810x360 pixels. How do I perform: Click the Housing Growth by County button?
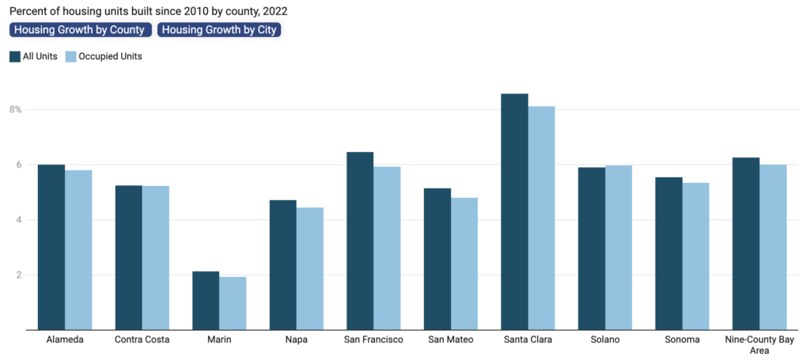click(x=80, y=30)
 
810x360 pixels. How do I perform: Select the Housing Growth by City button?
click(x=220, y=30)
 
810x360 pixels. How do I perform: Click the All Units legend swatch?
click(x=15, y=56)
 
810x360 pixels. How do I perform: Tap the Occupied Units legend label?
click(x=110, y=56)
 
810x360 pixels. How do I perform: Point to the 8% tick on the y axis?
click(x=16, y=109)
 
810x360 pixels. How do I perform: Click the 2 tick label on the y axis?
click(x=17, y=275)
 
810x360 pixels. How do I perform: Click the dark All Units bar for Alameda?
click(x=51, y=247)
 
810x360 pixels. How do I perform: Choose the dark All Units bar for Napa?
click(x=283, y=265)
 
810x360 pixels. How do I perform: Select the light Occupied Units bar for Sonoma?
click(x=696, y=256)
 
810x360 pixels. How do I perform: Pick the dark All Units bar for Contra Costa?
click(x=128, y=257)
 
